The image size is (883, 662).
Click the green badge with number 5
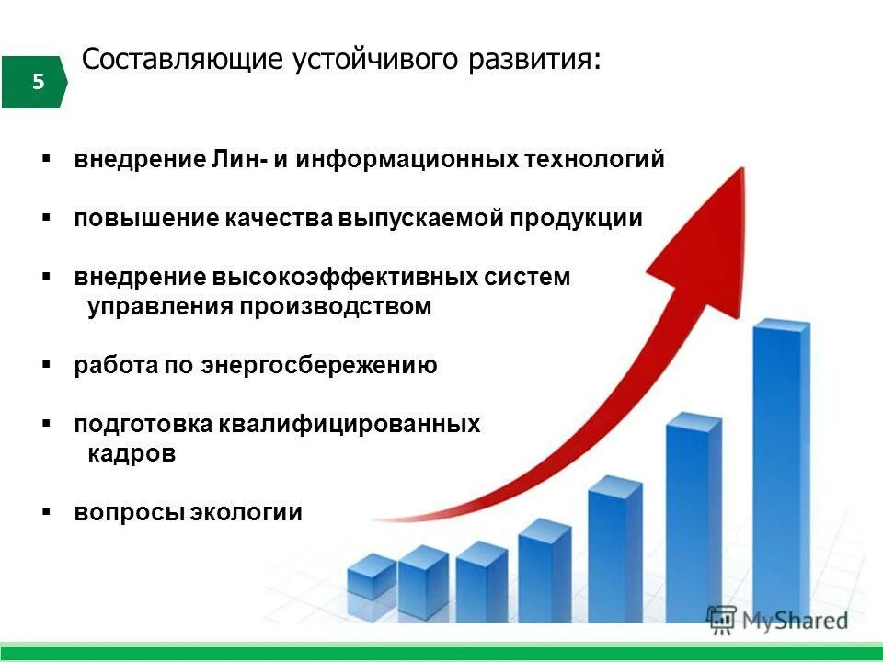34,82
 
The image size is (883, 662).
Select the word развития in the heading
544,60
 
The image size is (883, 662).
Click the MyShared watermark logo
777,620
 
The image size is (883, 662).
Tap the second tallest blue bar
694,515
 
